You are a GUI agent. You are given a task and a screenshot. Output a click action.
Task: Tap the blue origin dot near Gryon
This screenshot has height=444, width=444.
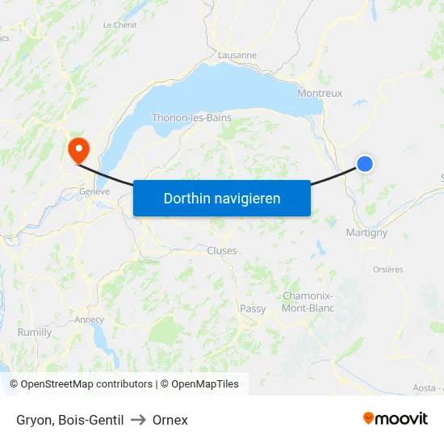pyautogui.click(x=365, y=164)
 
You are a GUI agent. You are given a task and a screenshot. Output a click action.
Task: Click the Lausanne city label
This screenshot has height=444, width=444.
pyautogui.click(x=237, y=56)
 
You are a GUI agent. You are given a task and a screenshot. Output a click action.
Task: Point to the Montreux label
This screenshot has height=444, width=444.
pyautogui.click(x=320, y=93)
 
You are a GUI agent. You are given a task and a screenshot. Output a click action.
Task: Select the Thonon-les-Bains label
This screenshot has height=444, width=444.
pyautogui.click(x=191, y=118)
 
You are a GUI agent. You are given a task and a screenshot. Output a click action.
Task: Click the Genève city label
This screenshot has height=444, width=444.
pyautogui.click(x=94, y=192)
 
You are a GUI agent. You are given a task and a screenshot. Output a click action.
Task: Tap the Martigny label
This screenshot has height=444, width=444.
pyautogui.click(x=367, y=232)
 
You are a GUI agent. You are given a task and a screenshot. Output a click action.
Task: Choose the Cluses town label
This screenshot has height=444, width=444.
pyautogui.click(x=222, y=251)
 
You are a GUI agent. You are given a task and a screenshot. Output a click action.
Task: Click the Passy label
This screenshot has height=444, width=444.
pyautogui.click(x=253, y=309)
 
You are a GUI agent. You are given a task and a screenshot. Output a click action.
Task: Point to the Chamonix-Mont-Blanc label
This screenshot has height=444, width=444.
pyautogui.click(x=308, y=301)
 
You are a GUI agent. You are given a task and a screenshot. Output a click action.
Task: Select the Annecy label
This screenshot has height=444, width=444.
pyautogui.click(x=89, y=320)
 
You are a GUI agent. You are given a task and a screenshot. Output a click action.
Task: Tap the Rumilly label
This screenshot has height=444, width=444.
pyautogui.click(x=35, y=332)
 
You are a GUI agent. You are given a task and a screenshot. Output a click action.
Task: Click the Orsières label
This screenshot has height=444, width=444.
pyautogui.click(x=387, y=270)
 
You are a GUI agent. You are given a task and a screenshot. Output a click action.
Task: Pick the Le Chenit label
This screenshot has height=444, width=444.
pyautogui.click(x=119, y=25)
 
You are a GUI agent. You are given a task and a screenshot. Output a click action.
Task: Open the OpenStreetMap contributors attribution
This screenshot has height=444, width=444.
pyautogui.click(x=86, y=384)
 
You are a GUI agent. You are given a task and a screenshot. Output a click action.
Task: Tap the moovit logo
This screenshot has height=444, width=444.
pyautogui.click(x=395, y=418)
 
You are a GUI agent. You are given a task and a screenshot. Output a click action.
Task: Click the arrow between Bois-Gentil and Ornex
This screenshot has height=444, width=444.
pyautogui.click(x=137, y=420)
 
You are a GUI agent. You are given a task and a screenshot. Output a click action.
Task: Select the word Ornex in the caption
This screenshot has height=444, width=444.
pyautogui.click(x=170, y=420)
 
